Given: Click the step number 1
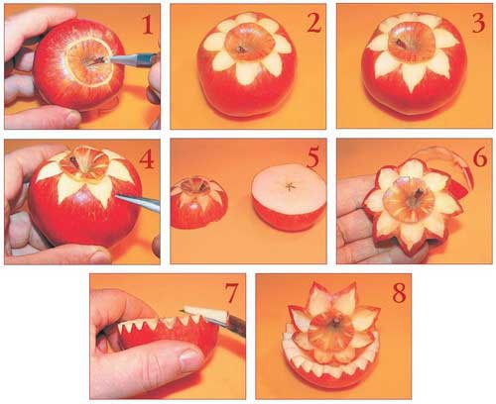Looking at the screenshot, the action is pos(148,25).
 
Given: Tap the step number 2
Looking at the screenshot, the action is pos(313,23).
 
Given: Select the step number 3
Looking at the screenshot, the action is pos(478,24).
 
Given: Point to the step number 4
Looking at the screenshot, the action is pos(147,159).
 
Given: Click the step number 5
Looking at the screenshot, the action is pos(312,157).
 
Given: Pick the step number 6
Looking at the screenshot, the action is pos(480,157).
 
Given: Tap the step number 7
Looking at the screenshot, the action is pos(231,293).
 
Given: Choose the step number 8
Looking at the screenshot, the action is pos(399,293).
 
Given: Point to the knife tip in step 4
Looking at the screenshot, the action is pos(116,196).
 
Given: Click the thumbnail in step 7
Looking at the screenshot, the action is pos(189,357).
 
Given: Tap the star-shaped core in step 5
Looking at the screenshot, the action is pos(290,186).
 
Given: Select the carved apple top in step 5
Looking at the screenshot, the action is pos(199,202).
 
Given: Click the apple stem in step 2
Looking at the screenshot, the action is pos(241,50).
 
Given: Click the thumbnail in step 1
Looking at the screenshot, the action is pos(73,118).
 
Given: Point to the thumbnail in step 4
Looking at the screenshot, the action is pos(100,256).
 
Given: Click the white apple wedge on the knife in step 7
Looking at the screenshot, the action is pos(207,315).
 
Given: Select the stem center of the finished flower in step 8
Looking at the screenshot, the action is pos(336,321).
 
